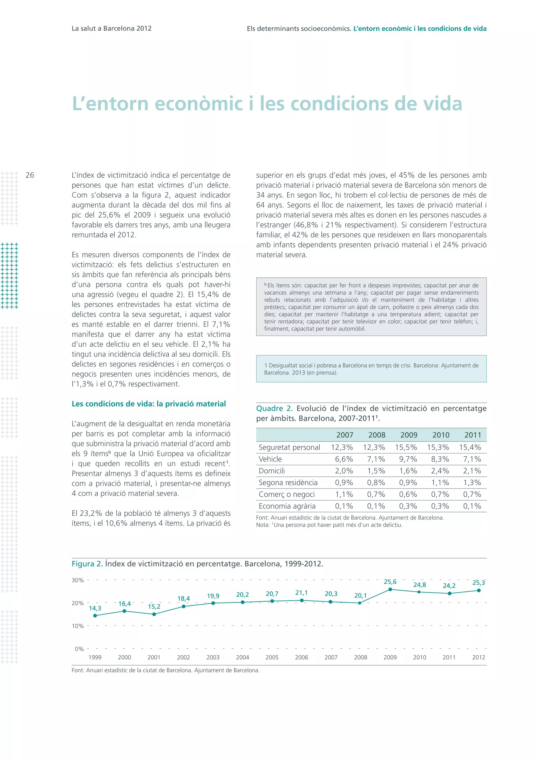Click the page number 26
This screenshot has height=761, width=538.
[30, 175]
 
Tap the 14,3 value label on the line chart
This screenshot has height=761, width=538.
[95, 608]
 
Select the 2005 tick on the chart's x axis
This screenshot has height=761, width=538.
[272, 657]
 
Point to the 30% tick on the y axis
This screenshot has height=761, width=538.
[78, 580]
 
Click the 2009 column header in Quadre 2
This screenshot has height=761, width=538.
[409, 435]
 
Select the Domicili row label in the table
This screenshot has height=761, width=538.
[272, 471]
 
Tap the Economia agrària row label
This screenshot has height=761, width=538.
[287, 506]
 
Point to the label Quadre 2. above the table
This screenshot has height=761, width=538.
[274, 408]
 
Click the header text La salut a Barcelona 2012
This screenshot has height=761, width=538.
[112, 28]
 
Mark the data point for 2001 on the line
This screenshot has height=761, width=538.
[154, 614]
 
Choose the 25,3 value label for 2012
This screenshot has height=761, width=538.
[478, 583]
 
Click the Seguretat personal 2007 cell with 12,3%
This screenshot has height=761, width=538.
[342, 447]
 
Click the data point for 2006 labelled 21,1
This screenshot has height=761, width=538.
[302, 600]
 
